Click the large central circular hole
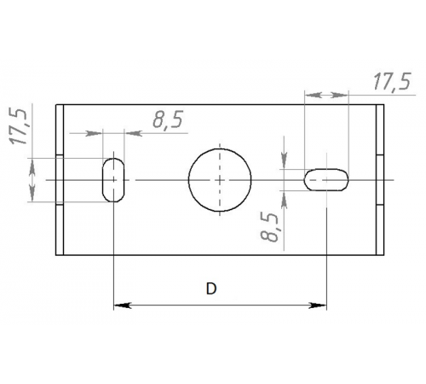pyautogui.click(x=220, y=180)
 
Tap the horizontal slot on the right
pyautogui.click(x=326, y=180)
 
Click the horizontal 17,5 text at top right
pyautogui.click(x=391, y=82)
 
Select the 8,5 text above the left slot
pyautogui.click(x=168, y=121)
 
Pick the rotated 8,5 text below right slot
pyautogui.click(x=271, y=229)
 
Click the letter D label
pyautogui.click(x=210, y=289)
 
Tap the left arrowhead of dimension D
pyautogui.click(x=119, y=305)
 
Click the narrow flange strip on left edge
pyautogui.click(x=60, y=180)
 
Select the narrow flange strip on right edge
pyautogui.click(x=380, y=180)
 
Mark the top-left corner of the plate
pyautogui.click(x=56, y=104)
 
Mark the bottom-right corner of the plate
pyautogui.click(x=384, y=255)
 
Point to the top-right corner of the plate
pyautogui.click(x=384, y=104)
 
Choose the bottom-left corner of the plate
pyautogui.click(x=56, y=255)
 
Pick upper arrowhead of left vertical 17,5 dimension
pyautogui.click(x=32, y=164)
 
